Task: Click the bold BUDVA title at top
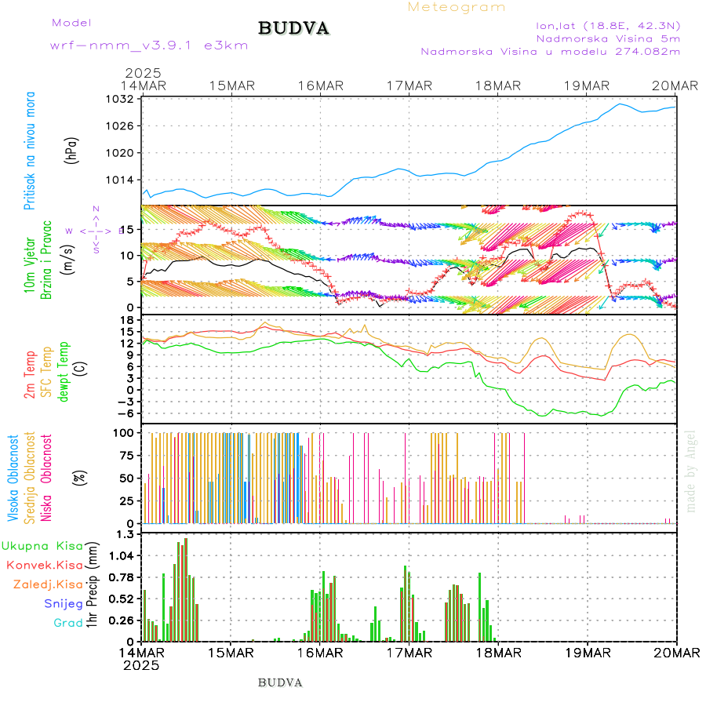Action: click(293, 29)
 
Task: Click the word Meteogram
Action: click(457, 7)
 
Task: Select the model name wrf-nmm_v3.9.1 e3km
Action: click(149, 45)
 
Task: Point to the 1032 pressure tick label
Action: click(122, 100)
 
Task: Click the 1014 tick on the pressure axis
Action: click(122, 180)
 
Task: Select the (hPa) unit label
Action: click(72, 150)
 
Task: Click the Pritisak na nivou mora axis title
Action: click(30, 150)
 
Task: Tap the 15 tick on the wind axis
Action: click(130, 229)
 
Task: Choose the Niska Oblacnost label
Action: click(47, 476)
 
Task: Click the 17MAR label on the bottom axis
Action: click(409, 653)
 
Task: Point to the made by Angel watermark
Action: click(691, 470)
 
